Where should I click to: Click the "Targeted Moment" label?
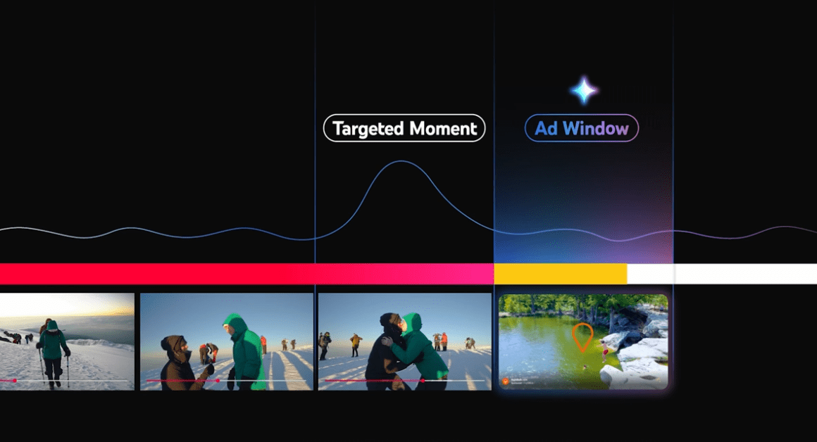404,129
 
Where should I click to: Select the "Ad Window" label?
581,129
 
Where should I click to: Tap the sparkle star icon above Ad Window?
584,90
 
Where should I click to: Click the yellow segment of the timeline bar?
560,274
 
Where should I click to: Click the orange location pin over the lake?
581,337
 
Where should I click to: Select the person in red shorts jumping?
604,350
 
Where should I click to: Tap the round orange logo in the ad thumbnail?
505,381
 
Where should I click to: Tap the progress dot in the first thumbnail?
15,380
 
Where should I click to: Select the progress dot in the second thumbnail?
218,380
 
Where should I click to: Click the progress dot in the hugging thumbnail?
422,380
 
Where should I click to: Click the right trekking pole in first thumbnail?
68,370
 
